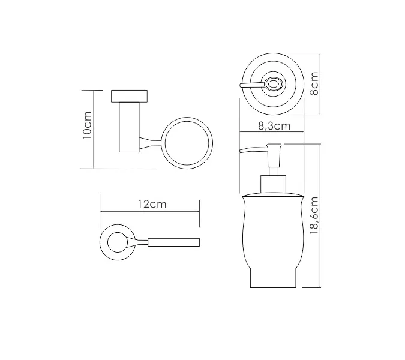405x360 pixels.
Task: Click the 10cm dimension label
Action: point(88,128)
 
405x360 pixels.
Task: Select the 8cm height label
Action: point(314,84)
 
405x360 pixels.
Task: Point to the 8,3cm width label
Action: point(274,126)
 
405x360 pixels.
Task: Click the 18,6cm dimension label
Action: point(313,216)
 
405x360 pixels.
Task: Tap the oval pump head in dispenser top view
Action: point(275,84)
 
